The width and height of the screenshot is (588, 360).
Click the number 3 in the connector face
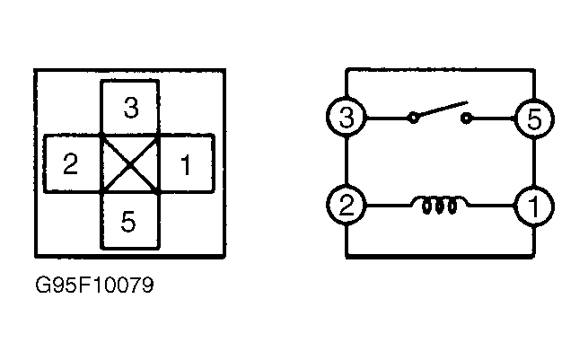tap(131, 108)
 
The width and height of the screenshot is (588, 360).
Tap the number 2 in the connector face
tap(71, 164)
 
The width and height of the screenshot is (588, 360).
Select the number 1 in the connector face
tap(186, 164)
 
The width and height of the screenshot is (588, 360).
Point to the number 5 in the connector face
tap(128, 221)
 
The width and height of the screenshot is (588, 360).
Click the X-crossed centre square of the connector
tap(130, 163)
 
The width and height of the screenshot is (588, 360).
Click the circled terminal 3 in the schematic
tap(347, 118)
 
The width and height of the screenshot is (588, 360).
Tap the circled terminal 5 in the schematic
tap(534, 119)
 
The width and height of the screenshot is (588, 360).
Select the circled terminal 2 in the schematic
tap(346, 205)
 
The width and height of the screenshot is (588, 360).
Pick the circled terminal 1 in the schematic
tap(533, 206)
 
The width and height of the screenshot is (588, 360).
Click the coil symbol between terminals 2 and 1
tap(440, 205)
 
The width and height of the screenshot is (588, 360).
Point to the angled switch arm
tap(442, 110)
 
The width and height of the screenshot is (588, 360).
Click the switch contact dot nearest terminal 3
tap(413, 119)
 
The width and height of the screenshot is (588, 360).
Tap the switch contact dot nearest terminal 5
tap(466, 119)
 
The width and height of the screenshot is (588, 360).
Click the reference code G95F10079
tap(94, 285)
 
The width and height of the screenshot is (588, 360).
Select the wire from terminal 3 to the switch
tap(387, 119)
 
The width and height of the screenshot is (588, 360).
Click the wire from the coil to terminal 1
tap(491, 205)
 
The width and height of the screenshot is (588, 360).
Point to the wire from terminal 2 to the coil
tap(389, 205)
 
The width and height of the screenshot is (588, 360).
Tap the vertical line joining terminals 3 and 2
tap(347, 162)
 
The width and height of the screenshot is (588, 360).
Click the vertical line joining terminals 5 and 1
tap(534, 162)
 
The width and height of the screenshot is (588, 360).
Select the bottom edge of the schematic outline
tap(440, 256)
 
